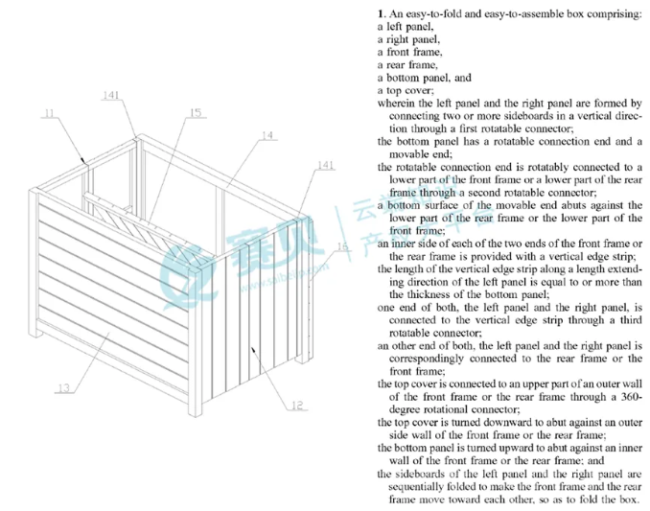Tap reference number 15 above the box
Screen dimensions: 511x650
click(x=196, y=112)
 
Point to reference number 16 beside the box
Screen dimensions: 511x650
click(x=341, y=246)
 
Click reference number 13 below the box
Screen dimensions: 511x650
click(x=63, y=387)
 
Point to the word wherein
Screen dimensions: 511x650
click(x=399, y=103)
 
